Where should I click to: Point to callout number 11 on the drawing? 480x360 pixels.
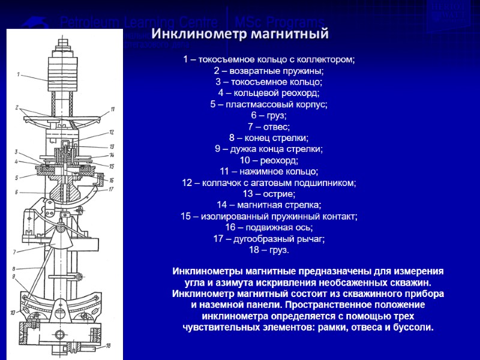pyautogui.click(x=112, y=109)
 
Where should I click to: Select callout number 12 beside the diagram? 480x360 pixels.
pyautogui.click(x=112, y=132)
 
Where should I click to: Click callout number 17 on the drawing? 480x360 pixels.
pyautogui.click(x=111, y=189)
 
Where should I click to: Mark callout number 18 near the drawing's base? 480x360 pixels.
pyautogui.click(x=108, y=346)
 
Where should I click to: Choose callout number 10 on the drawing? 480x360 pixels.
pyautogui.click(x=12, y=313)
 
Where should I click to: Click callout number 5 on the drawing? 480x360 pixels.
pyautogui.click(x=17, y=177)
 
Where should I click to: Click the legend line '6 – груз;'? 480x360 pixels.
pyautogui.click(x=268, y=115)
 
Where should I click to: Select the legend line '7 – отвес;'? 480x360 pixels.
pyautogui.click(x=268, y=127)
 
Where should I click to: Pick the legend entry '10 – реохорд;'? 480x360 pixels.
pyautogui.click(x=268, y=160)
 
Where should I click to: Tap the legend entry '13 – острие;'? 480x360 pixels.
pyautogui.click(x=268, y=194)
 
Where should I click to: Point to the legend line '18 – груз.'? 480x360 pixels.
pyautogui.click(x=268, y=250)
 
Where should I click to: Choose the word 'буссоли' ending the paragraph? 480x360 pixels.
pyautogui.click(x=413, y=328)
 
